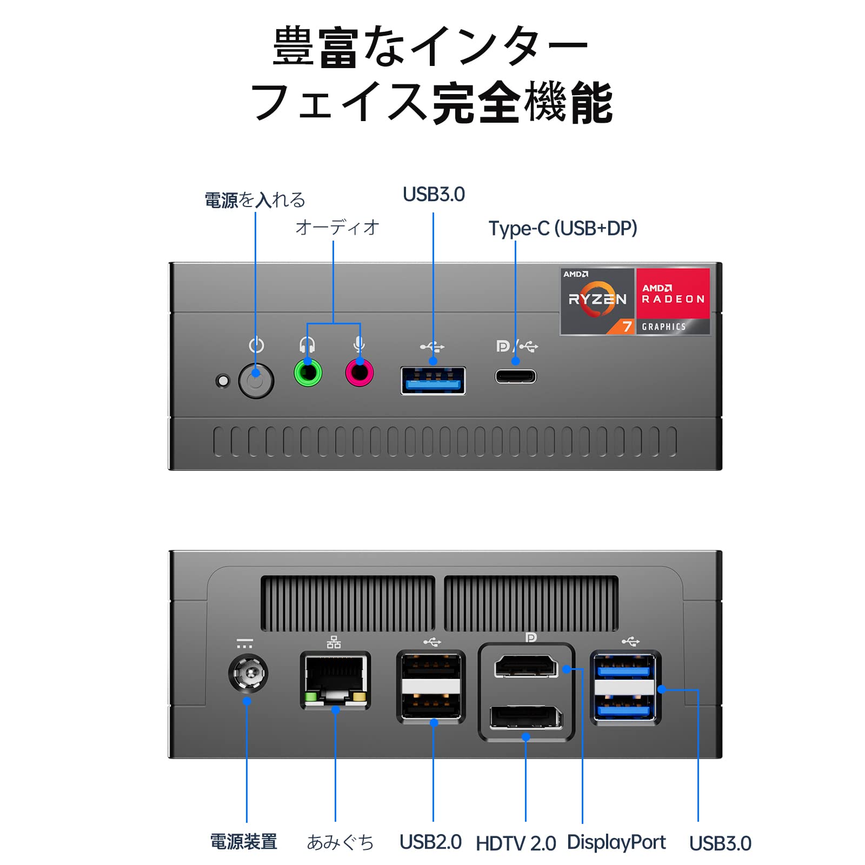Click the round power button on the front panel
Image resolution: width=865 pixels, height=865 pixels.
coord(256,381)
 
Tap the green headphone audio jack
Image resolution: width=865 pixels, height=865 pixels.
coord(308,372)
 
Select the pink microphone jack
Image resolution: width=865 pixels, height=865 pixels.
coord(360,372)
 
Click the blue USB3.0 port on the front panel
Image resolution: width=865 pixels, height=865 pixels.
coord(433,381)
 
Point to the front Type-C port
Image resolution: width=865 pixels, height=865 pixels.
coord(516,376)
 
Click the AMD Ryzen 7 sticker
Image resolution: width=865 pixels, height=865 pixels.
coord(597,301)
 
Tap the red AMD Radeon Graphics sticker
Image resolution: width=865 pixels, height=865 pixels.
coord(673,301)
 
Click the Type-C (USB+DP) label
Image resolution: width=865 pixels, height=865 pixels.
coord(563,228)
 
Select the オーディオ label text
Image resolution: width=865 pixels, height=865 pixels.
coord(337,228)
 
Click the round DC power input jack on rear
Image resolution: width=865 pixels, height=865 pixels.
coord(248,673)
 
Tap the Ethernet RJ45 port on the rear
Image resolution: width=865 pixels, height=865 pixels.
coord(335,680)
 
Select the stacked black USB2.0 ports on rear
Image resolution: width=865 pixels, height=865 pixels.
coord(431,687)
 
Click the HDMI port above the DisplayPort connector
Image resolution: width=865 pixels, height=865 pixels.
coord(526,666)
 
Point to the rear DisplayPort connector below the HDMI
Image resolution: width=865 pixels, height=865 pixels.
coord(526,717)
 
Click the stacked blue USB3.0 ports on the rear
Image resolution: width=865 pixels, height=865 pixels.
coord(625,687)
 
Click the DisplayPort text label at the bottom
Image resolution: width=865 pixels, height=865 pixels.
coord(616,842)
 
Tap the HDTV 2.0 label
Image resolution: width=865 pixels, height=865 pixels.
coord(516,843)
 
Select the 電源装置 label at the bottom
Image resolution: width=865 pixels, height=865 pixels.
coord(243,842)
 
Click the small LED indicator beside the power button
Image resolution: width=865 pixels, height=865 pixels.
coord(222,381)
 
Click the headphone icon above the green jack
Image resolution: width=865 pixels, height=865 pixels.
coord(307,344)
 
